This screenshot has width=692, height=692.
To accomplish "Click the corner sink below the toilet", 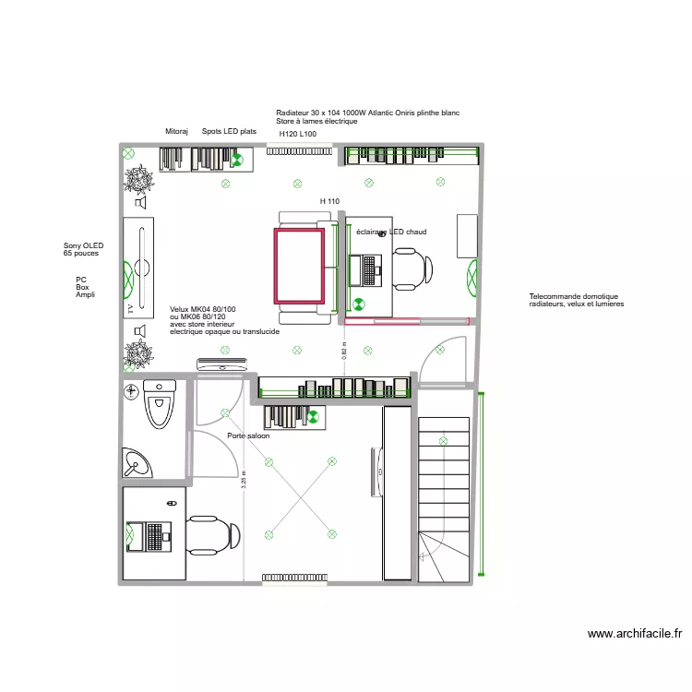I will tap(138, 460).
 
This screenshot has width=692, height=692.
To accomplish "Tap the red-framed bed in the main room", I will tap(298, 266).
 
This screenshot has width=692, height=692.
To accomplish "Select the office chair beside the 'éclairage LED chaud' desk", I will tap(412, 268).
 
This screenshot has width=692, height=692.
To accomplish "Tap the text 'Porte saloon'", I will tap(248, 435).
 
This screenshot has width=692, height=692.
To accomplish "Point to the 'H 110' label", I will tap(329, 201).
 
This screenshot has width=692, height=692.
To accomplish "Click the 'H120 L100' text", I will tap(298, 134).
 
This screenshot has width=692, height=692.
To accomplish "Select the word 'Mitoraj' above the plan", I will tap(176, 131).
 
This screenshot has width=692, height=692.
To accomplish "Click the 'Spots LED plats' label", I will tap(229, 131).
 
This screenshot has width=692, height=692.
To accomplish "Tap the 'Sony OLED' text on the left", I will tap(83, 245).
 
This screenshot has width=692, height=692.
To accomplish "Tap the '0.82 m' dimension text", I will tap(344, 352).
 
